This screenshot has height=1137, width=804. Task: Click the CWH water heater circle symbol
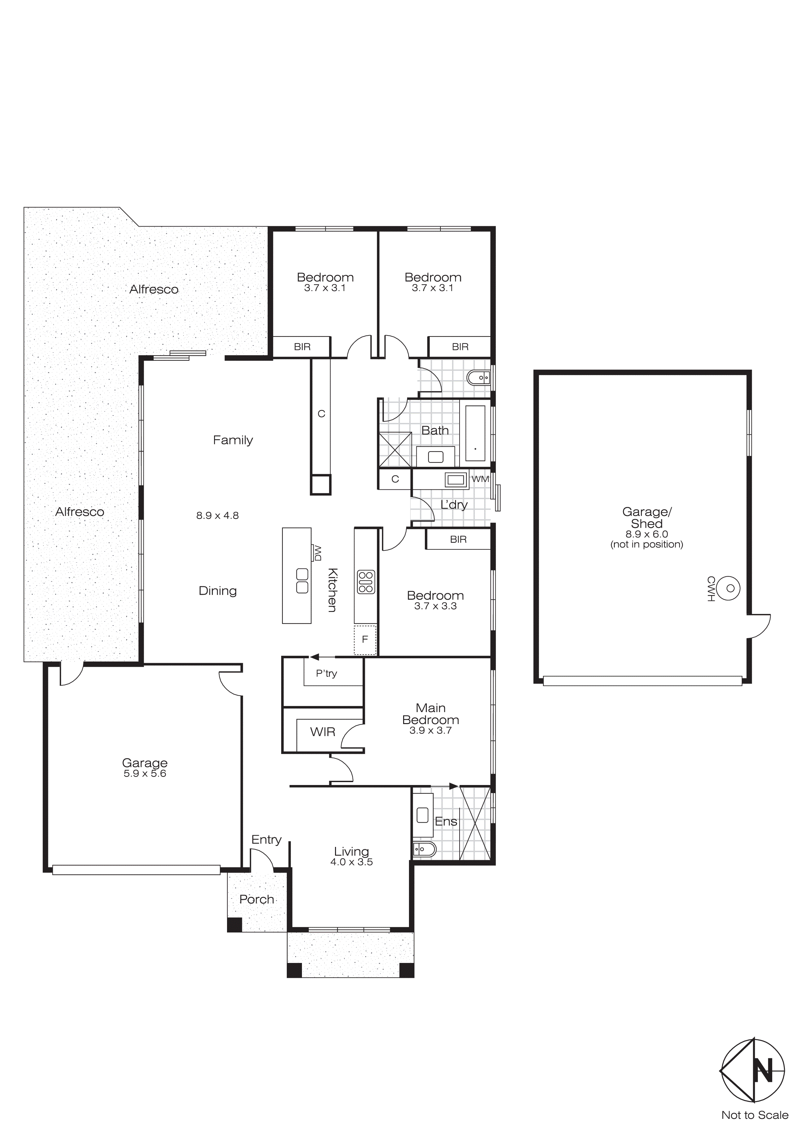click(730, 588)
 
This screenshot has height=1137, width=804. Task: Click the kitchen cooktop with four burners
click(366, 582)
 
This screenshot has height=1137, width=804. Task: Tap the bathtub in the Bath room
click(475, 433)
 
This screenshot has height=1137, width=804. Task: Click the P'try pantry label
click(327, 674)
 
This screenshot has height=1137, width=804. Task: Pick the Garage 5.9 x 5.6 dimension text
click(145, 774)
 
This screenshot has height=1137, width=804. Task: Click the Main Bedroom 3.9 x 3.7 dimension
click(430, 731)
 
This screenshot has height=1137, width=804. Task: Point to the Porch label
click(257, 899)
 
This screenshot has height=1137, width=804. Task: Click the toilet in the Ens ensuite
click(424, 850)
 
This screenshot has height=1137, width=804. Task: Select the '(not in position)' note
click(646, 544)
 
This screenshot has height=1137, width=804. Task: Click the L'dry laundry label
click(454, 505)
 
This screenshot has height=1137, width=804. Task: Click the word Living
click(351, 851)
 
